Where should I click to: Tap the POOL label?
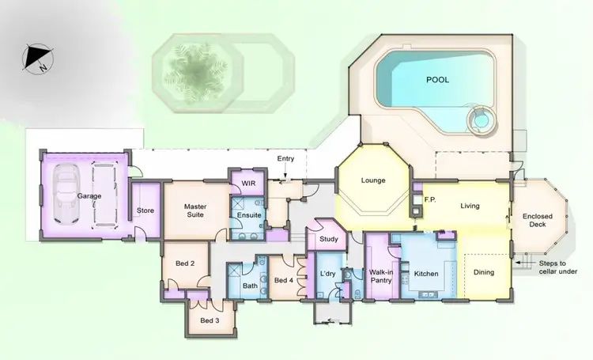[x=437, y=80]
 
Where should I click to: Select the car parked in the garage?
[x=67, y=195]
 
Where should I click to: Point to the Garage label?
[x=89, y=195]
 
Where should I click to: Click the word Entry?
[x=285, y=159]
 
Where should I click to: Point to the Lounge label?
[x=372, y=180]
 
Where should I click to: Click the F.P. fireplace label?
[x=432, y=200]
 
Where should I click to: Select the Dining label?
[x=484, y=273]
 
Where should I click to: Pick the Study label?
[x=329, y=240]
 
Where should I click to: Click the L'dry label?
[x=327, y=274]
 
